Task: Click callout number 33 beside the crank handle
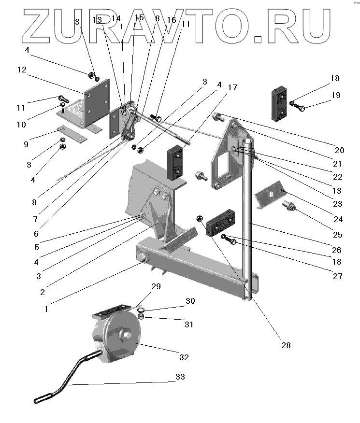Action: tap(179, 377)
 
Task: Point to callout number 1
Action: tap(46, 307)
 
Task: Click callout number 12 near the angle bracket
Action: tap(21, 70)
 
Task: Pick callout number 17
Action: tap(232, 87)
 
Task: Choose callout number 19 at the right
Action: tap(335, 96)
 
